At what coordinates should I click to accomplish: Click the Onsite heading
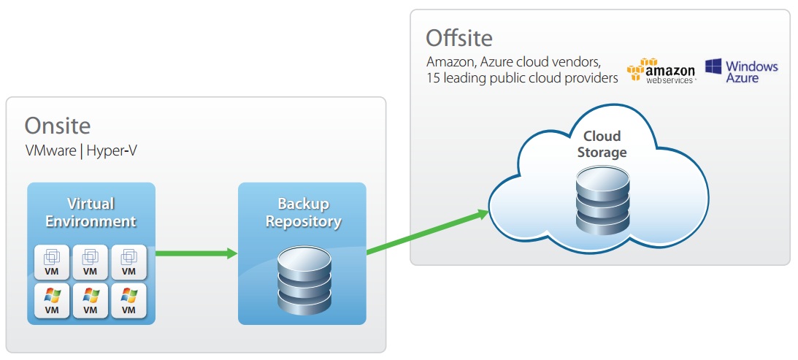coord(58,126)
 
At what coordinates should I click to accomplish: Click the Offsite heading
coord(459,37)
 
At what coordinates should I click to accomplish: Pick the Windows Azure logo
coord(741,71)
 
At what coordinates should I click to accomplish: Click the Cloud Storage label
coord(602,145)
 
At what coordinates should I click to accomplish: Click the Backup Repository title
coord(303,212)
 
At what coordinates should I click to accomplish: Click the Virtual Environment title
coord(91,212)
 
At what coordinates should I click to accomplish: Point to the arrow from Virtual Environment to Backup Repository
coord(196,253)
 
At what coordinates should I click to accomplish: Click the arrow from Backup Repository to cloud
coord(427,231)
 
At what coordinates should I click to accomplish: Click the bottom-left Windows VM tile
coord(52,300)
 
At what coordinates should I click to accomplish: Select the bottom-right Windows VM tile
coord(128,300)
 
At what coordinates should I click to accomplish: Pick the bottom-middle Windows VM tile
coord(91,300)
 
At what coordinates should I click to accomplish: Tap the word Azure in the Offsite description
coord(499,61)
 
